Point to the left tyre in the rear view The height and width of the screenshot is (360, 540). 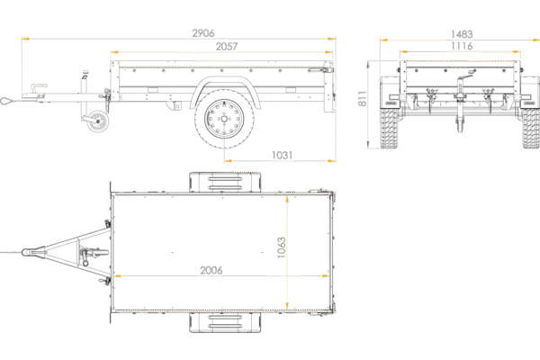[391, 126]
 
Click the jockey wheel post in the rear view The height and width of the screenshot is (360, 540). [463, 103]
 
